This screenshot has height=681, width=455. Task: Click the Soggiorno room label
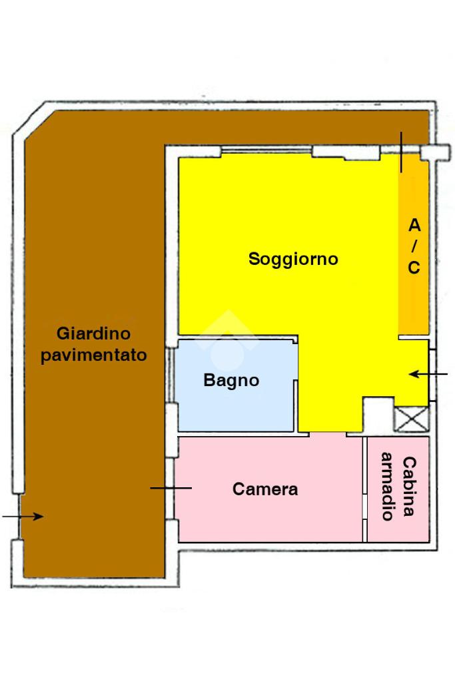pos(293,259)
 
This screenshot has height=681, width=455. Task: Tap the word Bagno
pos(231,381)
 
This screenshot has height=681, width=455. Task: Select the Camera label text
pos(265,489)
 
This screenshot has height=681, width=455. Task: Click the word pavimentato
pos(93,355)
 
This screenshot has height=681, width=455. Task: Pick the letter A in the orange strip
pos(414,225)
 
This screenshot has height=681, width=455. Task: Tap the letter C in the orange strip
pos(414,268)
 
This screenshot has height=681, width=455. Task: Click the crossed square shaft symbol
pos(411,419)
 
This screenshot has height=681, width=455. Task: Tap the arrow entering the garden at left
pos(23,516)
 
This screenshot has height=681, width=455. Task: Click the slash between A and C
pos(414,246)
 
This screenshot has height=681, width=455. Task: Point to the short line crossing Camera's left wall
pos(171,489)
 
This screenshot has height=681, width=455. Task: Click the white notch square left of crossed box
pos(377,415)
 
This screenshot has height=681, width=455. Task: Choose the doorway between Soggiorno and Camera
pos(328,435)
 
